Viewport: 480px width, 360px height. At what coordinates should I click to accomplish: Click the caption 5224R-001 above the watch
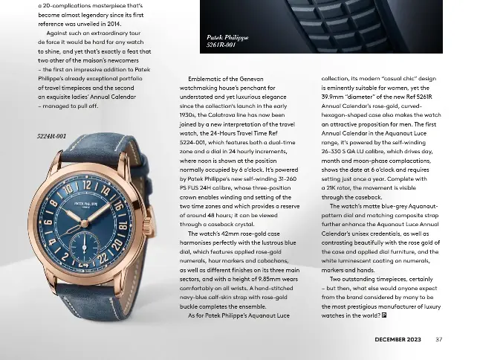pos(51,136)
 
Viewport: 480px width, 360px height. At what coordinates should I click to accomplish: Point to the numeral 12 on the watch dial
pos(87,184)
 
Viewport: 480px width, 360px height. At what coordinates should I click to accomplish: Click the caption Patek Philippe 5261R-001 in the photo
pos(227,41)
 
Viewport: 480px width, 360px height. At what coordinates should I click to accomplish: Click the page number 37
pos(439,340)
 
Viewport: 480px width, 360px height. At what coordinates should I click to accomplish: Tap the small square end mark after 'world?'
pos(384,315)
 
